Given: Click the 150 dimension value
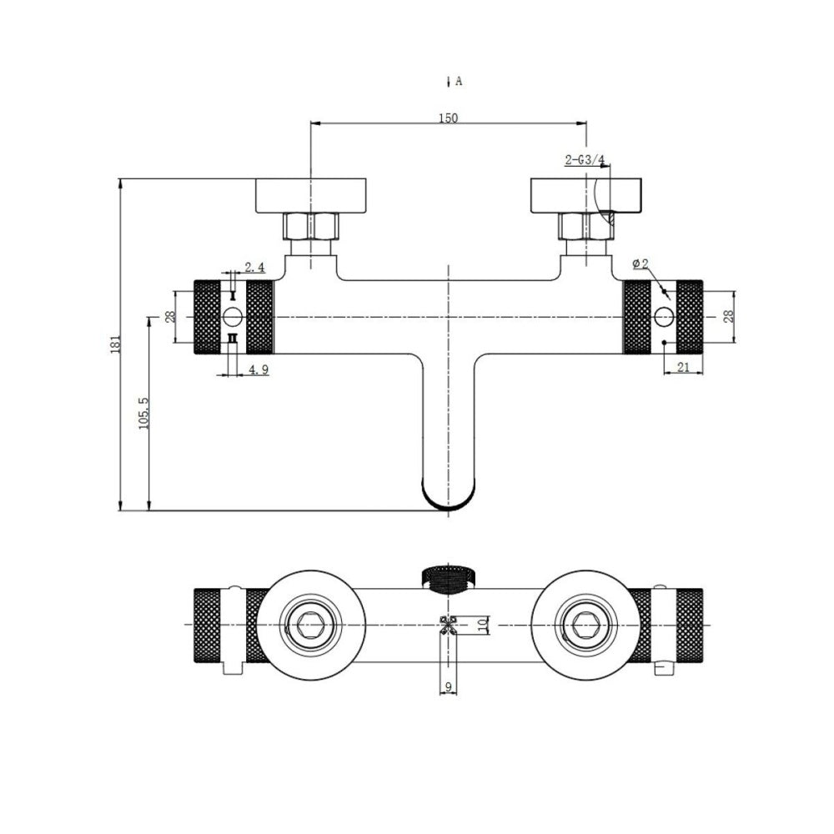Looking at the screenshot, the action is tap(448, 118).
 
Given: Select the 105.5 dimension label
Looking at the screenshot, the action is tap(143, 414).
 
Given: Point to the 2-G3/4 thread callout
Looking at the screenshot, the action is tap(585, 159).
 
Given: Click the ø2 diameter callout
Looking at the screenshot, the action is tap(641, 264).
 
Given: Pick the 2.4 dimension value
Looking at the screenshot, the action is tap(254, 267).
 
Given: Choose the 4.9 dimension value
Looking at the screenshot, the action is tap(259, 369).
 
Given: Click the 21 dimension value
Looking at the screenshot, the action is tap(684, 366).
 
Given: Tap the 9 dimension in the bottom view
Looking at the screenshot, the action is tap(449, 686).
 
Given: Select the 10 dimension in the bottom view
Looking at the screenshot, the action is tap(483, 625).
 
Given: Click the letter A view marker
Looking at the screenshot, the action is tap(459, 82).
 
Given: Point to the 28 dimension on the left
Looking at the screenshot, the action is tap(169, 317).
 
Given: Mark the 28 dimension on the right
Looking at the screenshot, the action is tap(729, 316).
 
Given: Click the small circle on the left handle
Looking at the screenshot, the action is tap(233, 317).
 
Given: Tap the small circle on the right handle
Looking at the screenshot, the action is tap(663, 317).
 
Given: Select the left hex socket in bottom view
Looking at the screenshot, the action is tap(310, 624).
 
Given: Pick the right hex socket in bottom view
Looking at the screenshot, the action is tap(585, 624).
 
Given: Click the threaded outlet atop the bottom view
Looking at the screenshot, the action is tap(450, 580).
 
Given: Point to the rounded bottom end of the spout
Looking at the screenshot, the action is tap(449, 503).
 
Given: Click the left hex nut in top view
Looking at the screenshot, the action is tap(310, 227).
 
